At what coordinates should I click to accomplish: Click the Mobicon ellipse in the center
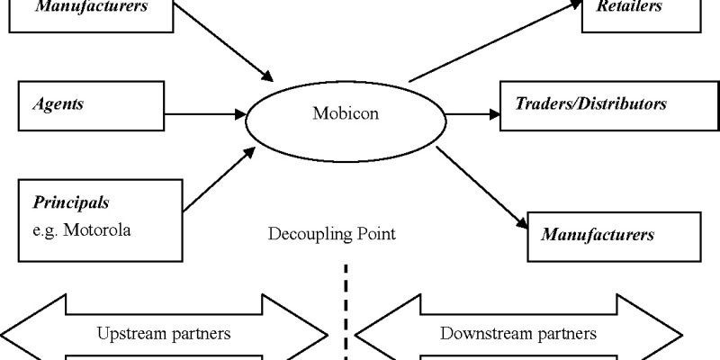[x=346, y=115]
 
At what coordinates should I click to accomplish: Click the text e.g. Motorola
[x=82, y=230]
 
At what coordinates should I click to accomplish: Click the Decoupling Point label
[x=331, y=236]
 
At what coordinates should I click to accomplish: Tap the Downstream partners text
[x=517, y=333]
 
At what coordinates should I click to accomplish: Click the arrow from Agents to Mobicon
[x=204, y=114]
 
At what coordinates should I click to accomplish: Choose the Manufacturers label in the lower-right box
[x=597, y=235]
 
